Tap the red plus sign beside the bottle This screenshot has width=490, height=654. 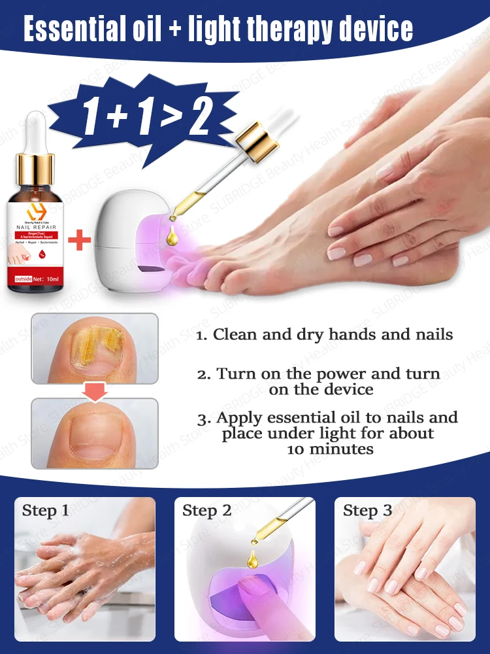pos(79,240)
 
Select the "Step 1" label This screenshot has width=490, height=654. pos(46,511)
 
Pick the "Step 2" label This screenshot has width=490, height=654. pos(207,511)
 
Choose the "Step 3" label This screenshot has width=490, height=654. pos(367,511)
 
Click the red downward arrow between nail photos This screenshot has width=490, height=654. pos(95,390)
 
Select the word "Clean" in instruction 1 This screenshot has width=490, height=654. pos(233,335)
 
